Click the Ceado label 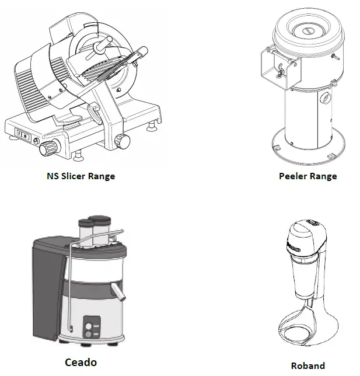pos(81,362)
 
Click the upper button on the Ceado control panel pos(89,325)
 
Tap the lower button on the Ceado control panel pos(89,335)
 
